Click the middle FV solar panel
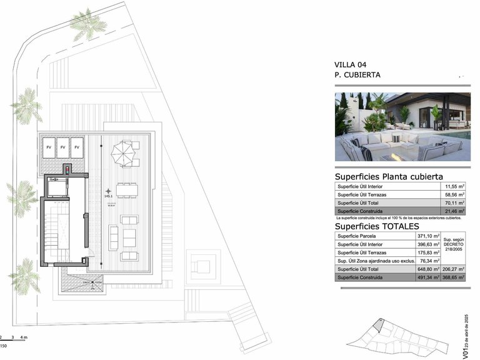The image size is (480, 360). [62, 147]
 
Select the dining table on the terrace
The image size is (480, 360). [127, 191]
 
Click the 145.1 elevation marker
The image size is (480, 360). [109, 196]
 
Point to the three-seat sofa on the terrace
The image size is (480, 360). [113, 237]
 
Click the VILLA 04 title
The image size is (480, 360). [351, 64]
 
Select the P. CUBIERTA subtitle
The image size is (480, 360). [357, 75]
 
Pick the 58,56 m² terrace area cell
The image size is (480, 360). [451, 195]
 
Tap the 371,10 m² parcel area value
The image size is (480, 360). [429, 236]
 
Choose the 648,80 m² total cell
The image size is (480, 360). [429, 269]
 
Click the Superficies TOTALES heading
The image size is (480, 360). [376, 226]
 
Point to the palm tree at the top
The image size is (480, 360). [88, 24]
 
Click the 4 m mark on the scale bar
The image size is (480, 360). [24, 337]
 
